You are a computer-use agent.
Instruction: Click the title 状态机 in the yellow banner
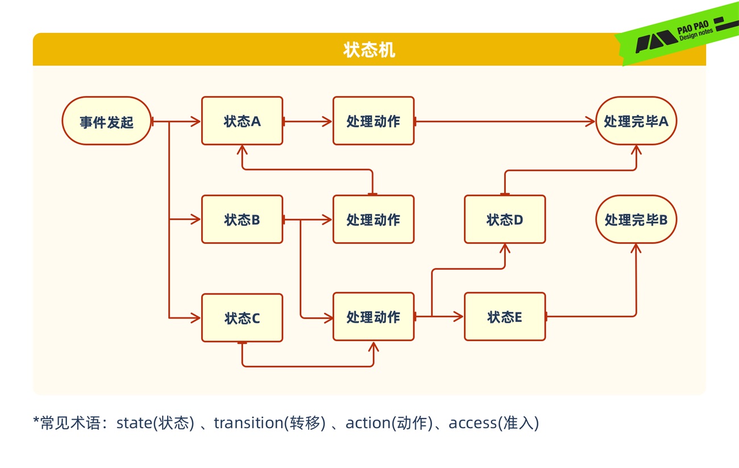pyautogui.click(x=369, y=49)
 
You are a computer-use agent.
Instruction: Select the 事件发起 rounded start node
pyautogui.click(x=106, y=121)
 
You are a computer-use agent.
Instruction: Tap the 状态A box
pyautogui.click(x=242, y=121)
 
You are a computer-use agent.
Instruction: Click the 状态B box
pyautogui.click(x=242, y=219)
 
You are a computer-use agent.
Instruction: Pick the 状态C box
pyautogui.click(x=242, y=318)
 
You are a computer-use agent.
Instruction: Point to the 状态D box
pyautogui.click(x=505, y=219)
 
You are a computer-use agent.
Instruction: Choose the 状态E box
pyautogui.click(x=505, y=317)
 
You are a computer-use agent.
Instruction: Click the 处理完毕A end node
pyautogui.click(x=636, y=121)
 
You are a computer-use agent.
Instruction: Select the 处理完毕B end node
pyautogui.click(x=636, y=219)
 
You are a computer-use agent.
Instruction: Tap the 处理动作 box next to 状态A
pyautogui.click(x=373, y=121)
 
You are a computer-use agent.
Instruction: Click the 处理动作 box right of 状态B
pyautogui.click(x=373, y=219)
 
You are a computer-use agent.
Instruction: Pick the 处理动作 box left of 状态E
pyautogui.click(x=373, y=317)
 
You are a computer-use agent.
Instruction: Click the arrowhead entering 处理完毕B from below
pyautogui.click(x=636, y=248)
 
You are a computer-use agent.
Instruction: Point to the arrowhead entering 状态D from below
pyautogui.click(x=505, y=248)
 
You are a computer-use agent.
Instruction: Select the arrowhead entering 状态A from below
pyautogui.click(x=242, y=150)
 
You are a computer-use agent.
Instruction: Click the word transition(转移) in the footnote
pyautogui.click(x=269, y=423)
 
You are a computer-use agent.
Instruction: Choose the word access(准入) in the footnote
pyautogui.click(x=493, y=423)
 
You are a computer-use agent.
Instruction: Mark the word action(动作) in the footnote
pyautogui.click(x=389, y=423)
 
